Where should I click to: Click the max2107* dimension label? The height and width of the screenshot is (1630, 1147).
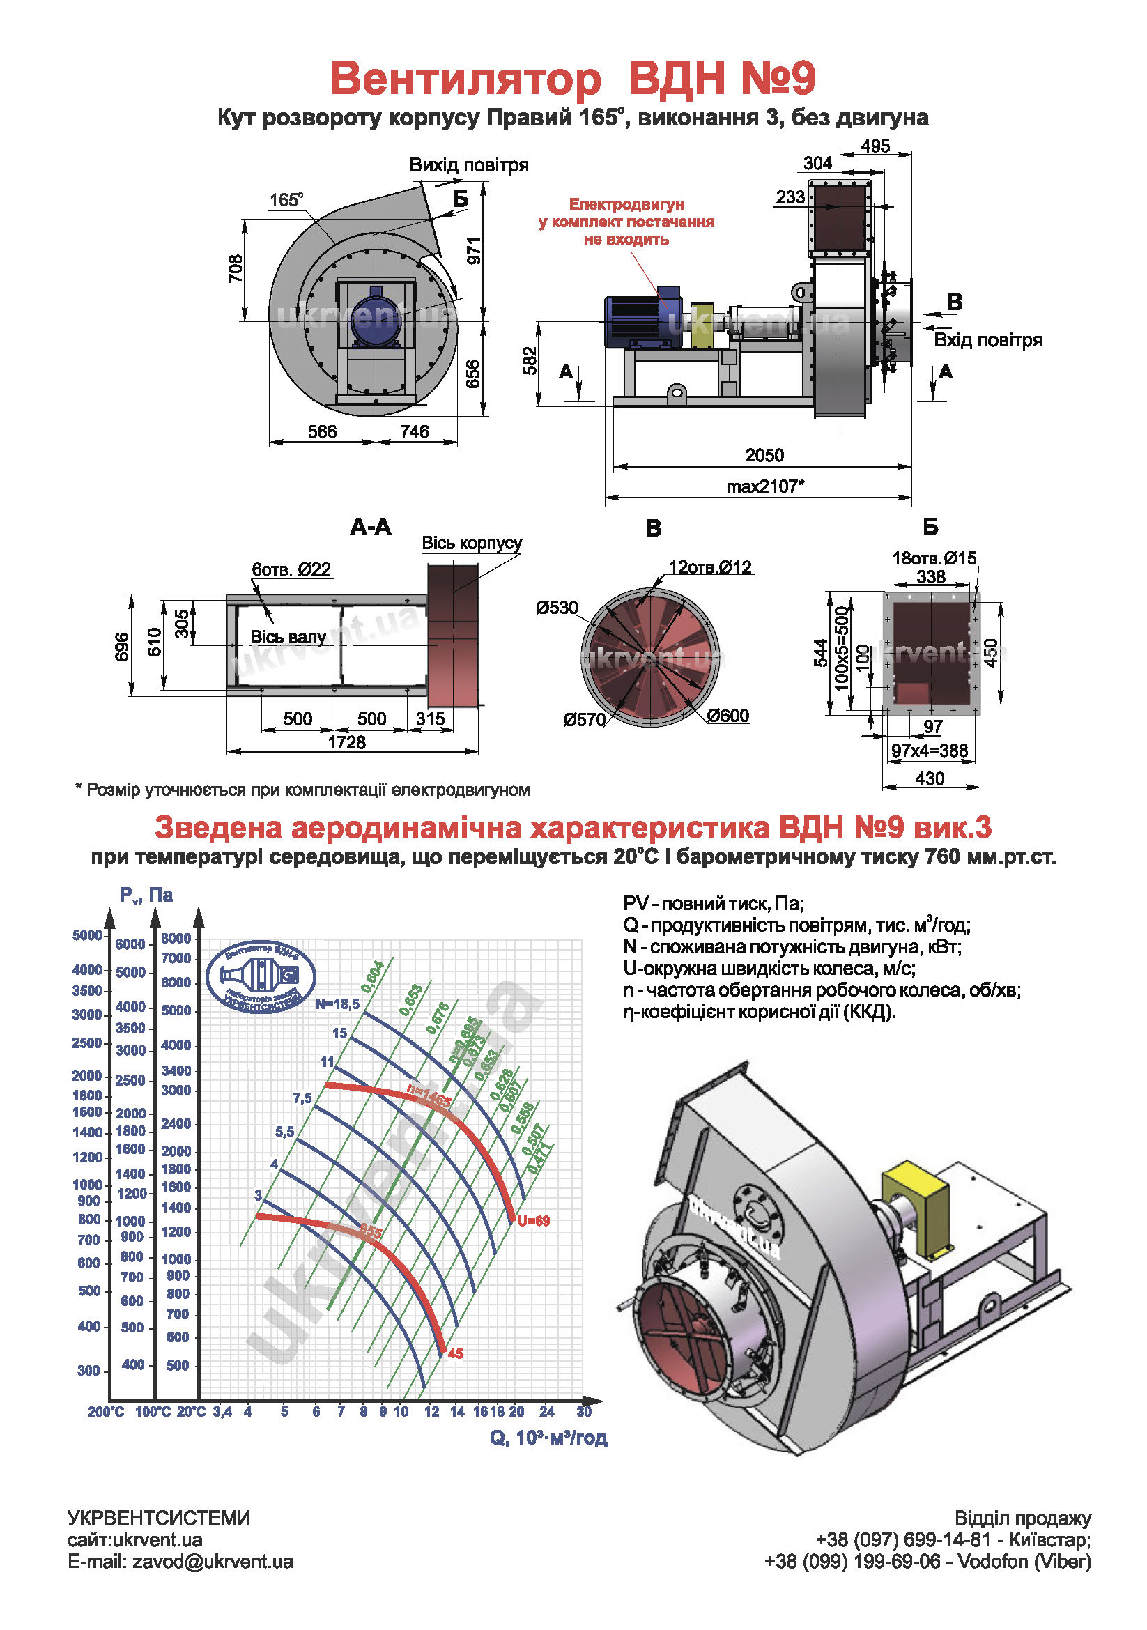765,486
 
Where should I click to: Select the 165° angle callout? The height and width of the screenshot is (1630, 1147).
286,200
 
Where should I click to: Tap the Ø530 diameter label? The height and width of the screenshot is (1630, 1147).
557,608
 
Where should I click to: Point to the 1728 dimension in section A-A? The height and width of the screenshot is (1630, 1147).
346,742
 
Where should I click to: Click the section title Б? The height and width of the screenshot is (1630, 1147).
930,527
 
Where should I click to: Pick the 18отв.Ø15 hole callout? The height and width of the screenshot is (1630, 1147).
934,558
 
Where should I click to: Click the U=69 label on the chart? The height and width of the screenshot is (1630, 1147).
534,1221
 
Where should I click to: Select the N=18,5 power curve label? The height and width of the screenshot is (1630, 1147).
338,1004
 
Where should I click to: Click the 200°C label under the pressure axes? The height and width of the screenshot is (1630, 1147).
106,1412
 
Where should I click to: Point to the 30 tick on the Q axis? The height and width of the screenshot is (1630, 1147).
584,1411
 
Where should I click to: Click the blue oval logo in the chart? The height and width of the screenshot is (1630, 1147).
261,978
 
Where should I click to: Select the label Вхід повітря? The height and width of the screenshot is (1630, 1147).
987,340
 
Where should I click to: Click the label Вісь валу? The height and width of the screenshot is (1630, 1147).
288,637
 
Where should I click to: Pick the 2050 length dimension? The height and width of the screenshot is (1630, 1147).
764,455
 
